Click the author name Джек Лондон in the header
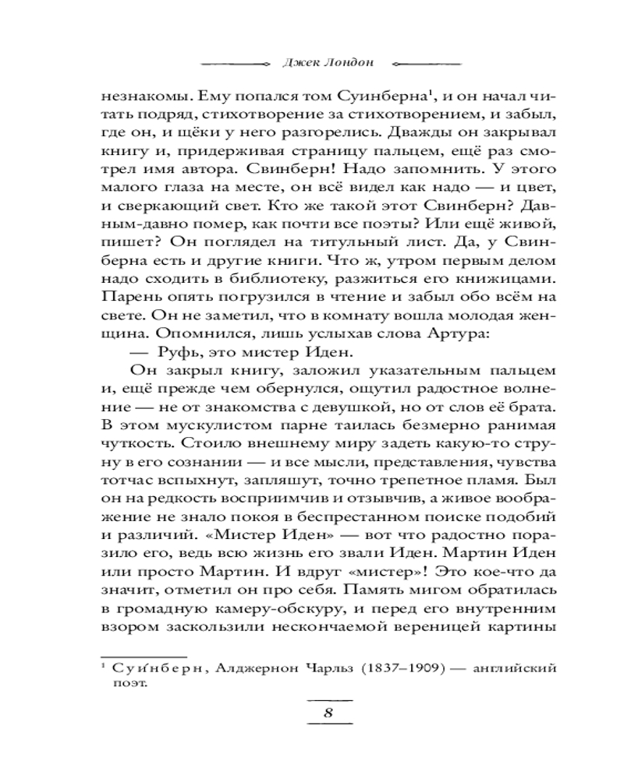tap(310, 62)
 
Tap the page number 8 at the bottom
tap(329, 716)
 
